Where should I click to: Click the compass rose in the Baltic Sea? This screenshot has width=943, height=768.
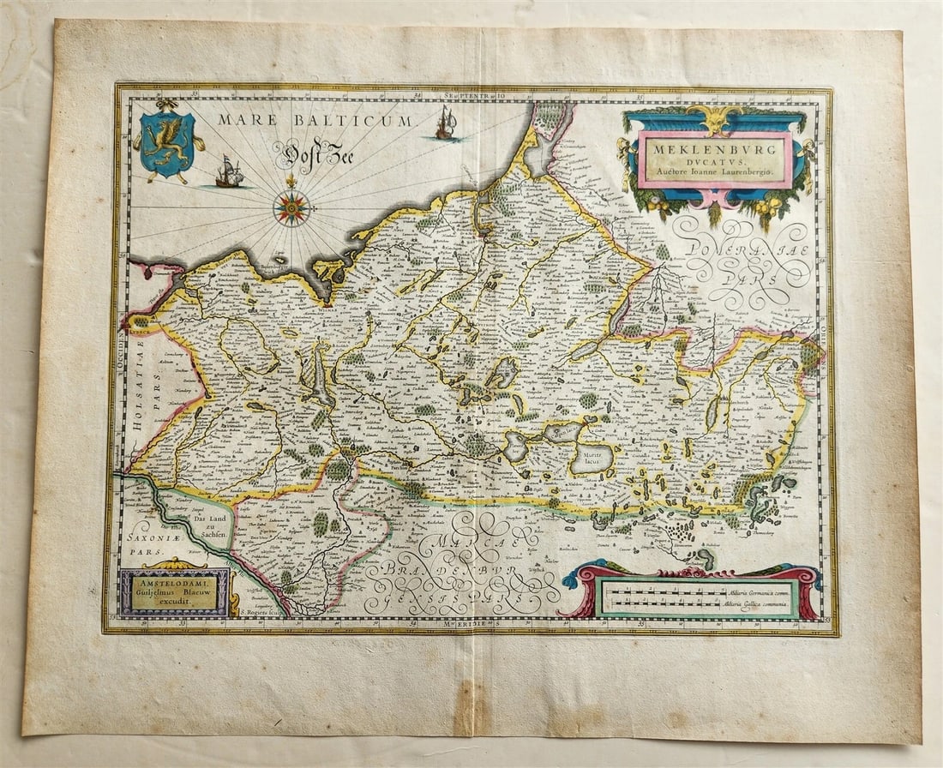pos(291,208)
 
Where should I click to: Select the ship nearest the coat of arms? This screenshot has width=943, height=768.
pos(229,174)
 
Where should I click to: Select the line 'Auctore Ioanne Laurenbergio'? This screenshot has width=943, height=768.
pos(714,172)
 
